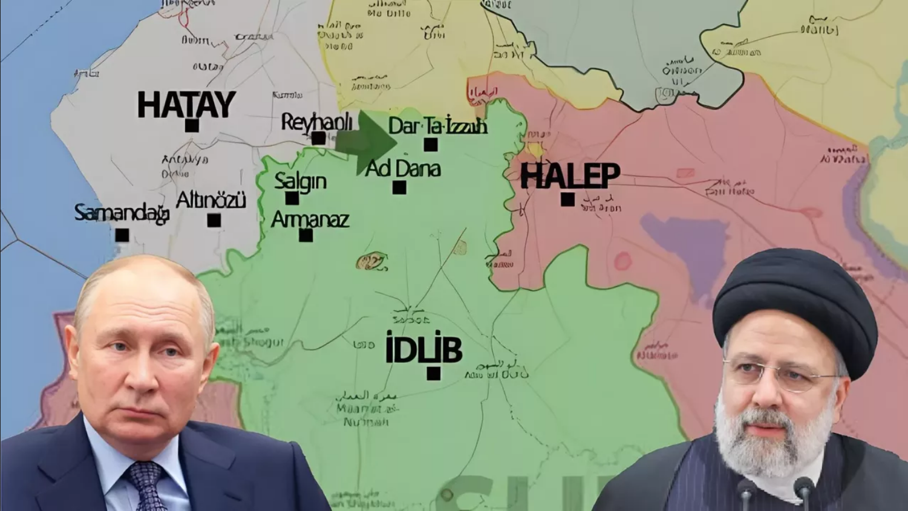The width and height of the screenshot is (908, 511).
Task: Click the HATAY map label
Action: (186, 105)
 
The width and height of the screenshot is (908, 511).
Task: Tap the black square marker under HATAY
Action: (192, 126)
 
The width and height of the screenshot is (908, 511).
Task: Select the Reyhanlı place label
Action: (316, 122)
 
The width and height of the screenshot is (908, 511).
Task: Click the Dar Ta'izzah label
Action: (437, 126)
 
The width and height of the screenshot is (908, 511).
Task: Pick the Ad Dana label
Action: (403, 169)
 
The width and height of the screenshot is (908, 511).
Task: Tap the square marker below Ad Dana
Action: (399, 187)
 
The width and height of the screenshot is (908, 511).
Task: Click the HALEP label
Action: (570, 175)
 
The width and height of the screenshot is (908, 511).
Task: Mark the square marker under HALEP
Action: (567, 200)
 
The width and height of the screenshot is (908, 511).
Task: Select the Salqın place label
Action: (301, 181)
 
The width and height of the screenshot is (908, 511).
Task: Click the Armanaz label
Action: (310, 219)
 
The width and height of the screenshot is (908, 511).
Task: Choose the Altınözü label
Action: (211, 200)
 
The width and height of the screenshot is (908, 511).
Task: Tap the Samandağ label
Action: (122, 213)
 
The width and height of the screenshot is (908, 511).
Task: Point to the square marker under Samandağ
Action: (122, 235)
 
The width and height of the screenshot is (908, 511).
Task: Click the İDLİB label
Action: (423, 350)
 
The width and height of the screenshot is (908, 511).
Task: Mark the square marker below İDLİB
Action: (433, 373)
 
